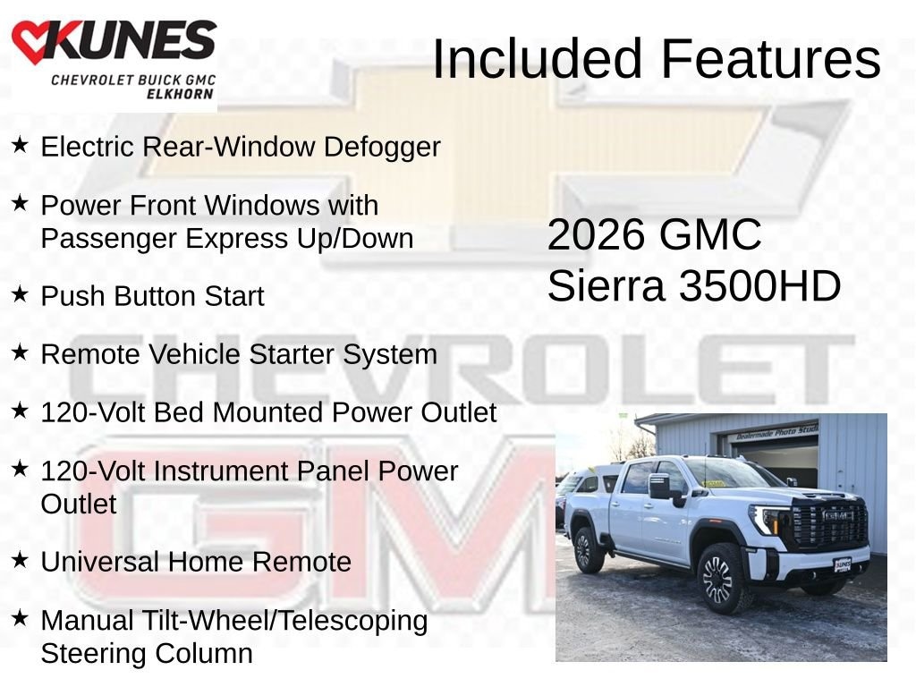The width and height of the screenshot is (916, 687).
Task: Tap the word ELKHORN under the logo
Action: point(181,94)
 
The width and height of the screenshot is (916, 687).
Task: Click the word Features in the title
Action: point(771,59)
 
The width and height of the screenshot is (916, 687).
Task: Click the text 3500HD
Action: point(760,286)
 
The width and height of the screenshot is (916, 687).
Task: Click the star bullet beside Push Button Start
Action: point(20,293)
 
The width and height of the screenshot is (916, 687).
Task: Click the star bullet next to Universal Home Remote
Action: point(20,558)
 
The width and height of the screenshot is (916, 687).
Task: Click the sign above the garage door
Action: point(775,433)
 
